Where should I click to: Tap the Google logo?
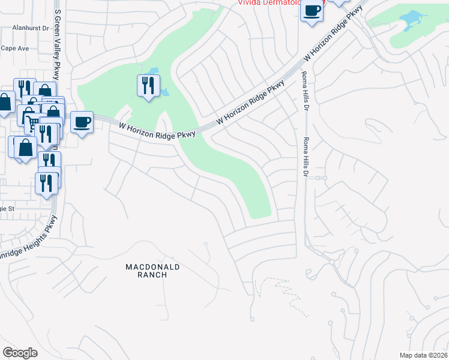click(x=20, y=353)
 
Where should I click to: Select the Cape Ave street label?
click(x=15, y=48)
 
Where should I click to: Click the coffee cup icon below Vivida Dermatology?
click(x=312, y=10)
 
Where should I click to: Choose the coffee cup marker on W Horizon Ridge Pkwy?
click(x=82, y=122)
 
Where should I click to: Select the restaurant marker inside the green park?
click(x=148, y=85)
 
